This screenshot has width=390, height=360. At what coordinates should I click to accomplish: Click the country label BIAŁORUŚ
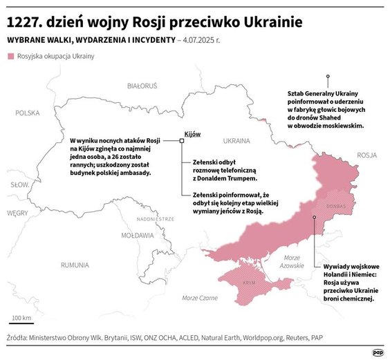pos(142,86)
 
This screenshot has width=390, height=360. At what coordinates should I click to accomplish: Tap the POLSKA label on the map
pos(28,112)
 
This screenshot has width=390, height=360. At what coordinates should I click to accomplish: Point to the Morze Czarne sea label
pos(198,298)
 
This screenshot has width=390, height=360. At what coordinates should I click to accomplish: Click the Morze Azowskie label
pos(292,261)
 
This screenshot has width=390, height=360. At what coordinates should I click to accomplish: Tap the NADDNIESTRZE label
pos(155,218)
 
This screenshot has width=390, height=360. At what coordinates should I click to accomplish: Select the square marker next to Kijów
pos(182,140)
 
